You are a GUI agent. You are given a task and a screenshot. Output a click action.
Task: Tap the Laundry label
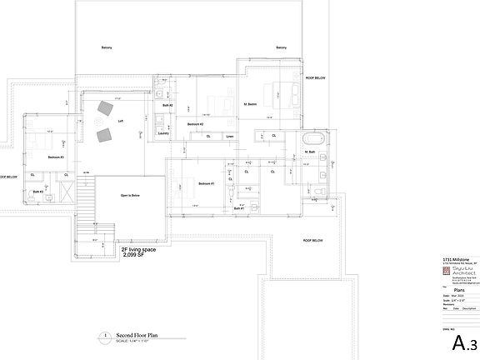point(163,132)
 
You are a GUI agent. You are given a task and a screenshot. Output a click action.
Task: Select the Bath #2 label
point(167,106)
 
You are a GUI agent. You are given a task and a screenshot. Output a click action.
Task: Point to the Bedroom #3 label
point(56,157)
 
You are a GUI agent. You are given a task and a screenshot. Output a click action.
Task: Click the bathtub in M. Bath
point(314,138)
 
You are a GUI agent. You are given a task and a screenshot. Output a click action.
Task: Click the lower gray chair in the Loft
point(104,135)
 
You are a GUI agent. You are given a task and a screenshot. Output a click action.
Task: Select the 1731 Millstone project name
point(455,259)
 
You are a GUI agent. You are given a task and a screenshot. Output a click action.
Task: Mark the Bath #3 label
point(37,192)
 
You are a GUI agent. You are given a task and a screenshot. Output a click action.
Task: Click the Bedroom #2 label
point(196,124)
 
